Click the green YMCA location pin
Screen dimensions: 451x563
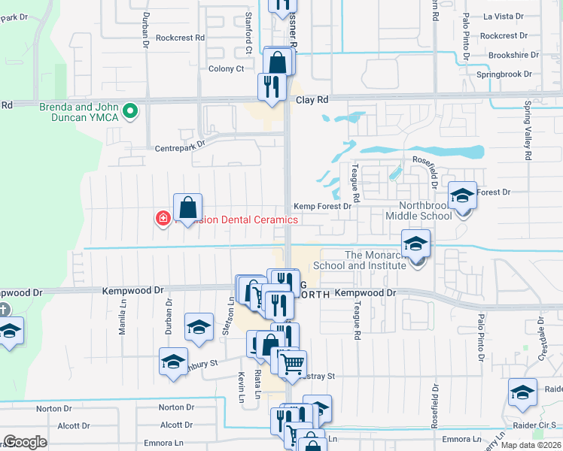coord(130,111)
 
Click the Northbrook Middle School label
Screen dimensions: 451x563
coord(415,210)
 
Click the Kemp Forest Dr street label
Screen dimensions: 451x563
coord(322,206)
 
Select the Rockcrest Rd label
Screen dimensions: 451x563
coord(180,38)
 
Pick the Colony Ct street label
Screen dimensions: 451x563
coord(226,69)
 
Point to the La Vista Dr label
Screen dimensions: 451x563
coord(503,16)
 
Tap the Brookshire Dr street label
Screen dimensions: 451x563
coord(510,55)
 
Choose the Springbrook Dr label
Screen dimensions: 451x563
coord(504,74)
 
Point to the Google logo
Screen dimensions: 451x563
coord(25,442)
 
